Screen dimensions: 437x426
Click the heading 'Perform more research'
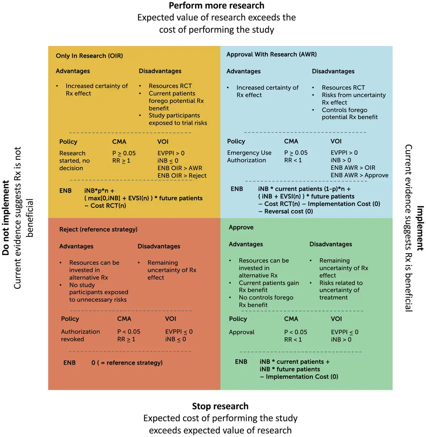pos(216,6)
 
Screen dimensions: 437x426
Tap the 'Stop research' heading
pos(220,406)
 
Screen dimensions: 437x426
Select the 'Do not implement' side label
pos(6,218)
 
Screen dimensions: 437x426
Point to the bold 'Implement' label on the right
pos(420,228)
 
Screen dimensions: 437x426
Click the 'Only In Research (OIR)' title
pos(89,56)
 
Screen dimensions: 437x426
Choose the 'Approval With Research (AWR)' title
pos(271,54)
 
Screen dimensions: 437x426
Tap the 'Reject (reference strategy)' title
pos(98,229)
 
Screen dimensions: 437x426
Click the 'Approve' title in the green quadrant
pos(241,227)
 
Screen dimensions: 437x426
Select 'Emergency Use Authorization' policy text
pos(249,156)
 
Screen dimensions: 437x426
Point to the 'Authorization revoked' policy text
pos(80,335)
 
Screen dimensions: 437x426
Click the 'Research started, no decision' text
pos(74,161)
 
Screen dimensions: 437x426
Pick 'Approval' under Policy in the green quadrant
pos(241,332)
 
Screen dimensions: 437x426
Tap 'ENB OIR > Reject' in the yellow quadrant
pos(182,176)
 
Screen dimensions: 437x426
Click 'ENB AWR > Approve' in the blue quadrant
pos(359,175)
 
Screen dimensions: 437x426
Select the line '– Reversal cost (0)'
pos(286,211)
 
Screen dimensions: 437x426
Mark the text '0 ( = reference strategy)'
pos(127,363)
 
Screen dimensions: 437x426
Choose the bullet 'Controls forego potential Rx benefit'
pos(349,114)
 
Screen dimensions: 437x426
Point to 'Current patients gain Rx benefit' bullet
pos(268,286)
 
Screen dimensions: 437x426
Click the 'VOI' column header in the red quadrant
pos(170,319)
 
